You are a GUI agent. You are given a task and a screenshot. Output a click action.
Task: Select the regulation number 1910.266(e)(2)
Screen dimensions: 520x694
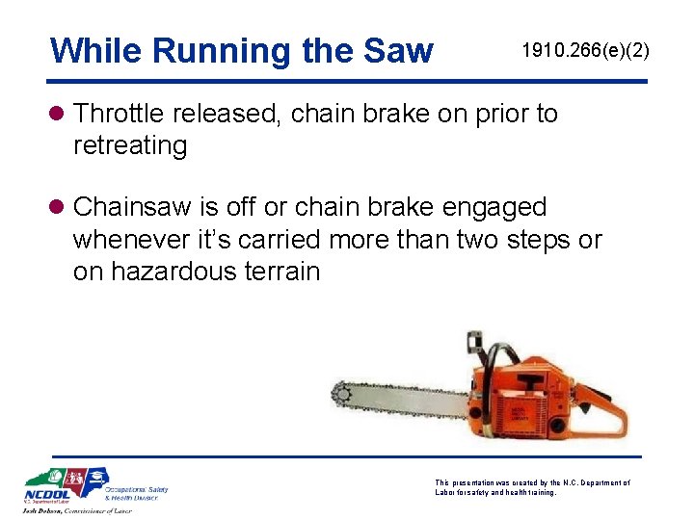(585, 49)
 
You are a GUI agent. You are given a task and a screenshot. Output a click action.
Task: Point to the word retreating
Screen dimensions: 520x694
(130, 145)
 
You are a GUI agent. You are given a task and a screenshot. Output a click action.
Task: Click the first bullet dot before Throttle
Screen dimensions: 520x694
(59, 115)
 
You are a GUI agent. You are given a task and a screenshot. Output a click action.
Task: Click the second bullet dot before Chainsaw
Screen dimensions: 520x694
(59, 208)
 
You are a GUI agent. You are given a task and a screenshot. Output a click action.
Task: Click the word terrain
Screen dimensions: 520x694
(284, 271)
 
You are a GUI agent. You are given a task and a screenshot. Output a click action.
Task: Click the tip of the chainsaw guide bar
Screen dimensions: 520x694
(338, 395)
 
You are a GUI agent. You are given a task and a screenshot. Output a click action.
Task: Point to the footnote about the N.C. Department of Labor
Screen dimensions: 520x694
(532, 487)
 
